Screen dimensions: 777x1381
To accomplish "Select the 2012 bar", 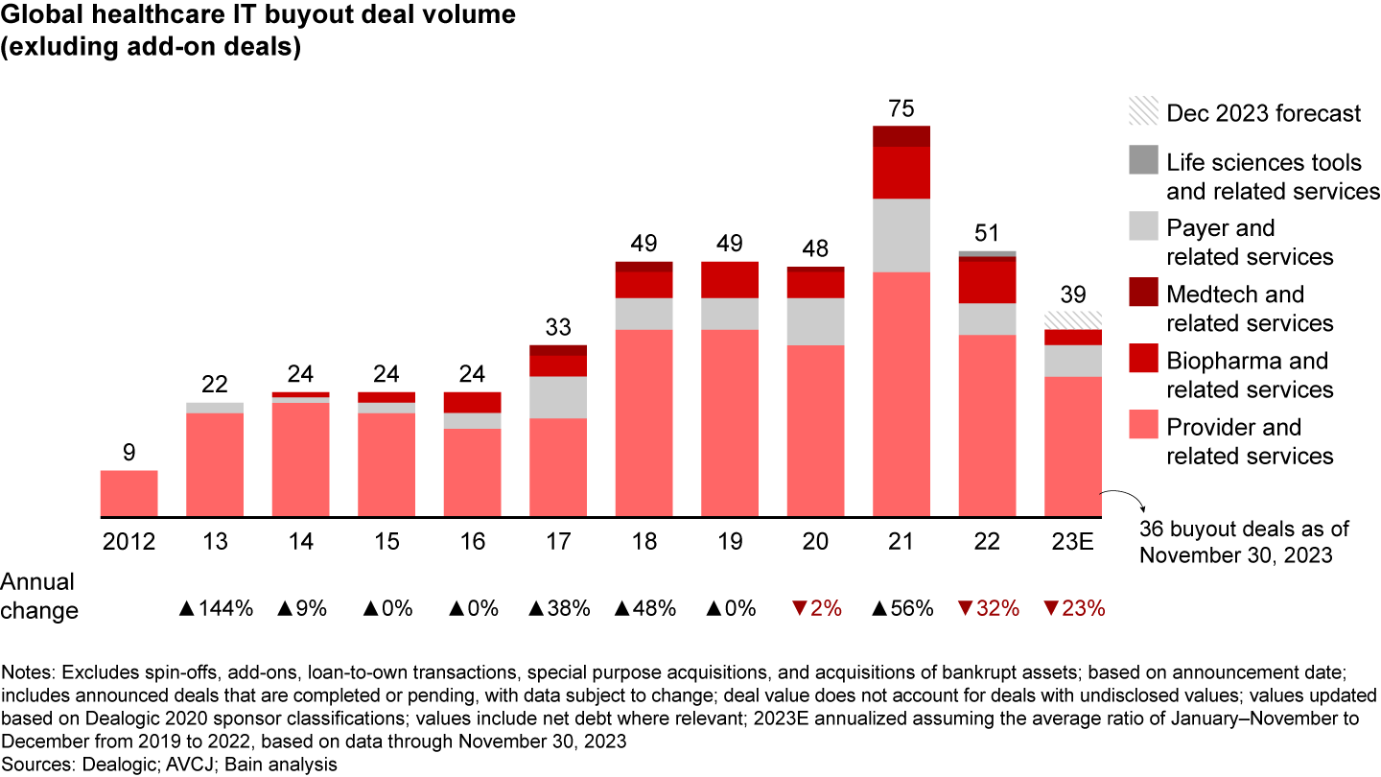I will click(129, 494).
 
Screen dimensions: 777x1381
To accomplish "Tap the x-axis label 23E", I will click(1073, 543).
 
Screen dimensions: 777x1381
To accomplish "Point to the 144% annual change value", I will click(216, 607).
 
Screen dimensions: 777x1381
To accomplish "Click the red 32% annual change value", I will click(987, 607).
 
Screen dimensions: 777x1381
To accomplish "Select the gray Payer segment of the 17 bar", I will click(558, 397).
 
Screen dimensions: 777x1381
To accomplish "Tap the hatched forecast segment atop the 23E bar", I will click(1073, 320).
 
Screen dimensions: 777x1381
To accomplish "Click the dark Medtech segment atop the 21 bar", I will click(901, 136).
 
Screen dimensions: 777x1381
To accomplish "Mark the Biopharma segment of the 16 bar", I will click(472, 402).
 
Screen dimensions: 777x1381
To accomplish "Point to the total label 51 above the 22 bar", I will click(988, 233).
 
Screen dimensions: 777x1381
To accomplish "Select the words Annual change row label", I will click(38, 596).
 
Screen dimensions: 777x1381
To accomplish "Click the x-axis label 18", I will click(644, 543).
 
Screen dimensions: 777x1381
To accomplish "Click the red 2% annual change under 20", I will click(815, 607).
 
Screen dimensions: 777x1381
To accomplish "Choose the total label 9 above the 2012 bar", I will click(129, 452).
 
